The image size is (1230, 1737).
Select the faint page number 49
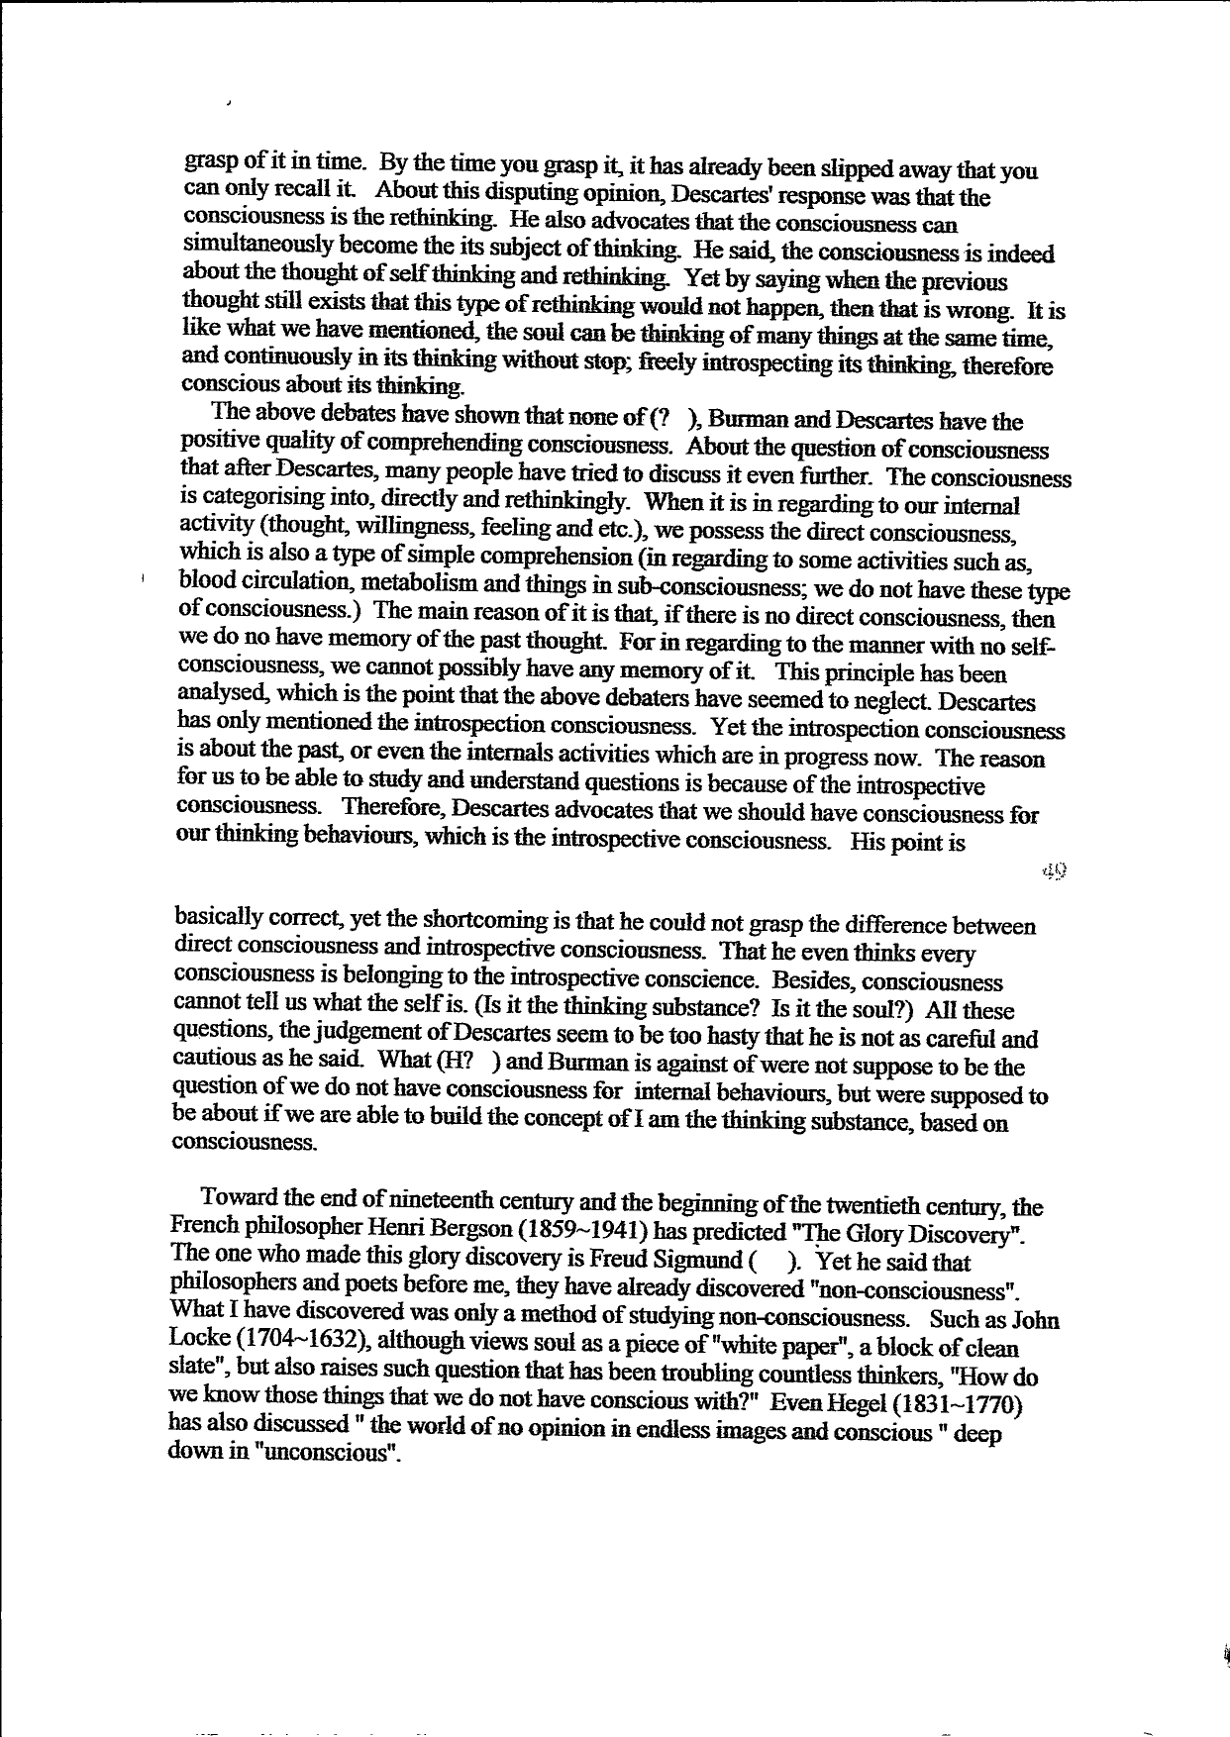pyautogui.click(x=1054, y=870)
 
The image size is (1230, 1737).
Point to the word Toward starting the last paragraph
pyautogui.click(x=239, y=1199)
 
